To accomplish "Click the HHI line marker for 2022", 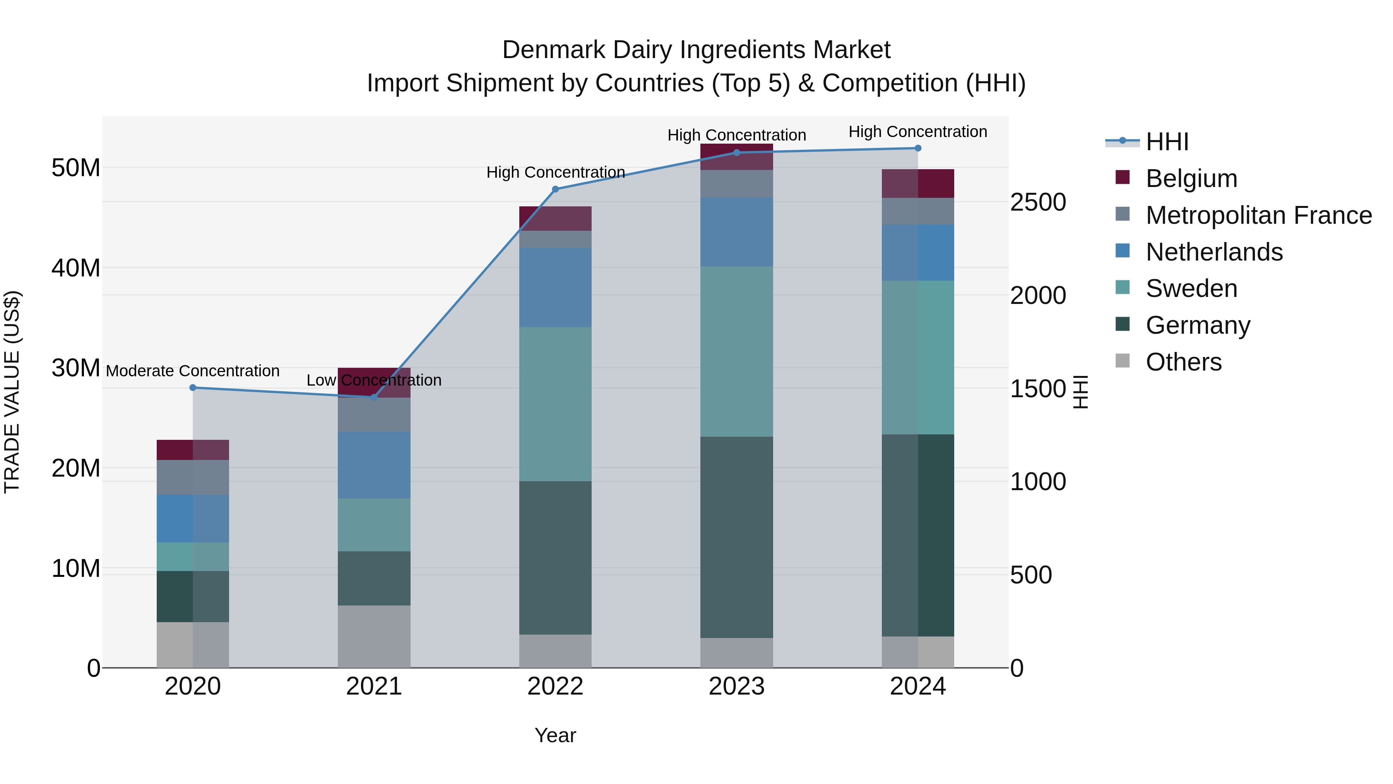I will point(555,189).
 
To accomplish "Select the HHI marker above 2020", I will point(193,388).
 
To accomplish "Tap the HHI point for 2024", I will point(918,148).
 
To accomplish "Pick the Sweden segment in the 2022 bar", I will point(555,404).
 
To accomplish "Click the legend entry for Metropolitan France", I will point(1258,215).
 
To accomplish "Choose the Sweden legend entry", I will point(1191,288).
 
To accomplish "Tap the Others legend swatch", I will point(1123,361).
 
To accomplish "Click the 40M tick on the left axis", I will point(76,268).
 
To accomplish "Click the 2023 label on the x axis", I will point(736,686).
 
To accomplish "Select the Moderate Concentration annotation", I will point(193,371).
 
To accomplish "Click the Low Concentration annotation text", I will point(374,380).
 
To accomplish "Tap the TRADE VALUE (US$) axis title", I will point(12,392).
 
